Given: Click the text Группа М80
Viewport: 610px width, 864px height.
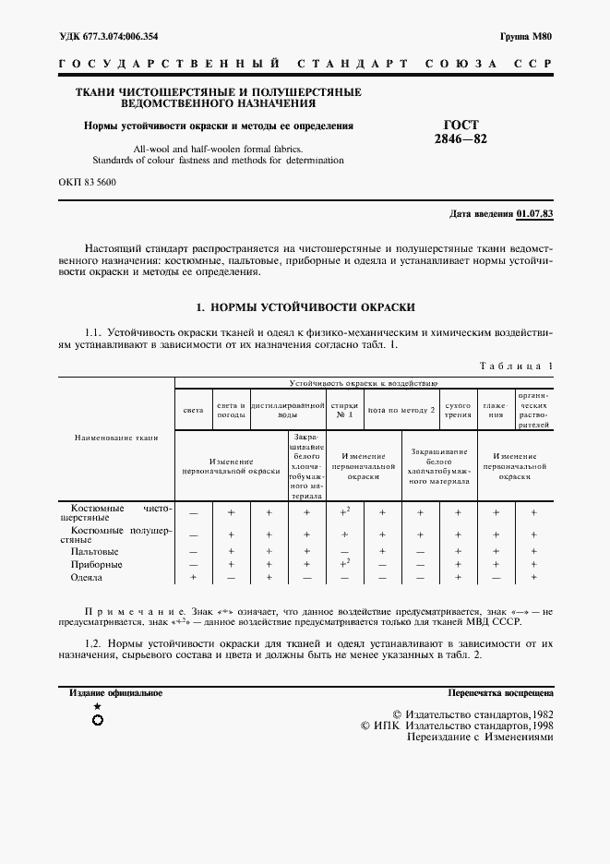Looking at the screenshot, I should (x=526, y=37).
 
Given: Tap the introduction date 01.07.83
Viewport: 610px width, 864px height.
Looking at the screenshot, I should (x=535, y=213).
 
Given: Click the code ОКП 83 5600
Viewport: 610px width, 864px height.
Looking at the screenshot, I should (x=87, y=182).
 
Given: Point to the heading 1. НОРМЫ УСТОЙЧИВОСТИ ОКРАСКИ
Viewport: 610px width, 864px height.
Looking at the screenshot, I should (x=305, y=306).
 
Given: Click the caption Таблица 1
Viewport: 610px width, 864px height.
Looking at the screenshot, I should (x=516, y=366).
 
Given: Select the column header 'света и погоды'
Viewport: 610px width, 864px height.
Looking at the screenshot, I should (x=231, y=410).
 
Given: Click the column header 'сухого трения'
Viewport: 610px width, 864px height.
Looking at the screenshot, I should (x=458, y=410).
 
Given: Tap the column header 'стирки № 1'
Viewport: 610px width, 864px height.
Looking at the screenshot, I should (x=345, y=410).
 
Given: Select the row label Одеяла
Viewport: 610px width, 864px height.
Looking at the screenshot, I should (x=87, y=577).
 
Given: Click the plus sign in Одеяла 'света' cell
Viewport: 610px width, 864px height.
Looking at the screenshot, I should (x=194, y=577).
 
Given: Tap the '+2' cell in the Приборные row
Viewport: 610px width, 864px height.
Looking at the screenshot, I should (x=345, y=563).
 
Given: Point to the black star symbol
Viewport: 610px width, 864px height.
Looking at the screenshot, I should (x=98, y=706).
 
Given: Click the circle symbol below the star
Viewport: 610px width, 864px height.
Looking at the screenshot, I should (x=98, y=720).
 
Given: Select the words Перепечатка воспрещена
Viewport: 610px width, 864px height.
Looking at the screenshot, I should (x=500, y=692).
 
